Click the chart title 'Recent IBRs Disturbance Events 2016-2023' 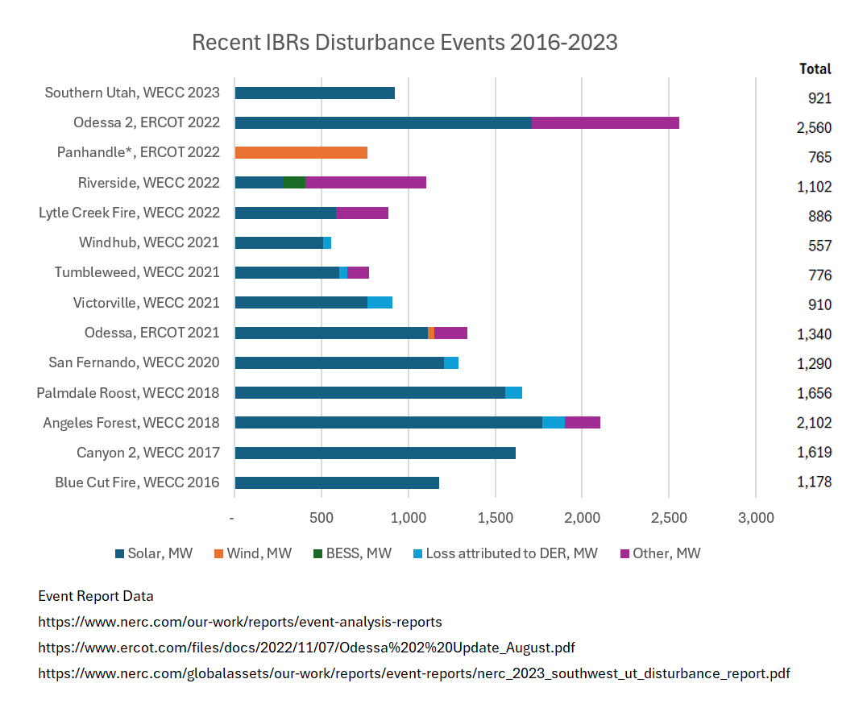click(x=405, y=42)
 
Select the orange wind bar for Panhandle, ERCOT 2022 click(x=301, y=152)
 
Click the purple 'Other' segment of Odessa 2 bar click(x=604, y=122)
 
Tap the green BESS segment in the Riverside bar click(x=294, y=182)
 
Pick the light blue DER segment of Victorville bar click(x=380, y=302)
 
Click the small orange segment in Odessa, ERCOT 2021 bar click(x=431, y=333)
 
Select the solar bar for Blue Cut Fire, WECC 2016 click(x=336, y=482)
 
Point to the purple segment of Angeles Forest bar click(x=582, y=422)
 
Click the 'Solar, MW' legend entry click(x=154, y=553)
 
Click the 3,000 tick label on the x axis click(x=755, y=518)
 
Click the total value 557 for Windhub click(x=819, y=246)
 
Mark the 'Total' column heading click(x=815, y=69)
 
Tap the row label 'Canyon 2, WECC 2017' click(x=147, y=453)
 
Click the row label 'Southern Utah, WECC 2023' click(x=132, y=93)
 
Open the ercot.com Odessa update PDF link click(x=306, y=648)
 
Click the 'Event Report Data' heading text click(x=96, y=597)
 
